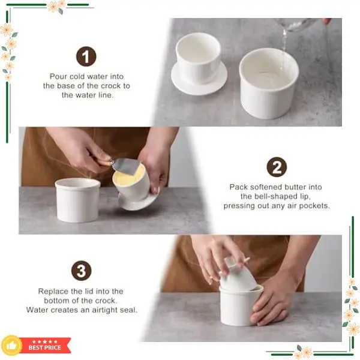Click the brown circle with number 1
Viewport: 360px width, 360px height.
[x=86, y=56]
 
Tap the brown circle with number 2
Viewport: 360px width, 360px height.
[x=277, y=167]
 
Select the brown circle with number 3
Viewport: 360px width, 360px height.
[x=81, y=271]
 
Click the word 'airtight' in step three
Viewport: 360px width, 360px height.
[x=105, y=310]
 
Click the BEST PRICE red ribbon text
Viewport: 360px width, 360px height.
[x=45, y=347]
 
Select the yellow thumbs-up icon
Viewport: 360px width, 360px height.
[x=11, y=346]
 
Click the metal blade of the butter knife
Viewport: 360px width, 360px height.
[x=126, y=166]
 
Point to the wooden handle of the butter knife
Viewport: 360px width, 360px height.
[x=104, y=162]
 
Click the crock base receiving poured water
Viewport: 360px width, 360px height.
[x=269, y=84]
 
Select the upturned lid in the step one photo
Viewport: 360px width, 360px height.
[x=199, y=64]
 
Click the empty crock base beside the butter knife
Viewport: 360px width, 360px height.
[x=78, y=200]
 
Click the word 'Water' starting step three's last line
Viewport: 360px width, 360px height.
[x=37, y=310]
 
